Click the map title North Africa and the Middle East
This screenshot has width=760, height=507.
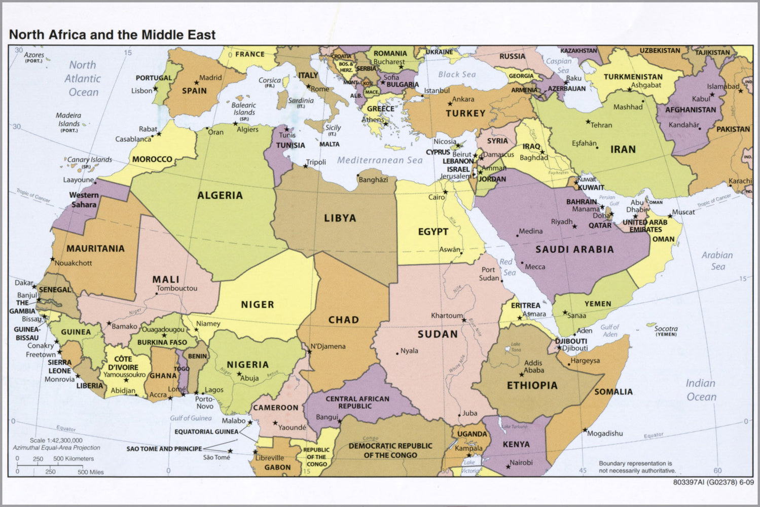[112, 35]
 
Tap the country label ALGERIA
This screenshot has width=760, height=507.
[220, 195]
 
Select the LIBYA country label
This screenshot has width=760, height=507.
[340, 218]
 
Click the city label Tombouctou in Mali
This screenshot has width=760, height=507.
[176, 288]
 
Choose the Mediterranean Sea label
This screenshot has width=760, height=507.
[380, 160]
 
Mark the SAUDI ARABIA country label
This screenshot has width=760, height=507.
[574, 249]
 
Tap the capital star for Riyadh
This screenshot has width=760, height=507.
[574, 226]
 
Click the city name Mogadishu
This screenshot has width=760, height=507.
[605, 433]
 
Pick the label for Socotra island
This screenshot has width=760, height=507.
[666, 329]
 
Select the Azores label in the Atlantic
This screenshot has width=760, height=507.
[34, 55]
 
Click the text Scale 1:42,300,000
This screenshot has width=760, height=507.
[56, 440]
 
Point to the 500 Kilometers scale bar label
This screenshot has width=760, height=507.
[74, 458]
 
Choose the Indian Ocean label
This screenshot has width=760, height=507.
[701, 390]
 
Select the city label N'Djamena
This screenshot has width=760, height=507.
[328, 347]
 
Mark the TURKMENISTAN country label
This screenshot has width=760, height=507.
[633, 77]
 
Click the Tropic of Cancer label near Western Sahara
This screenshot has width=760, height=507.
[33, 195]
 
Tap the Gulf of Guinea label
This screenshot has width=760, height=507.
[191, 418]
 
